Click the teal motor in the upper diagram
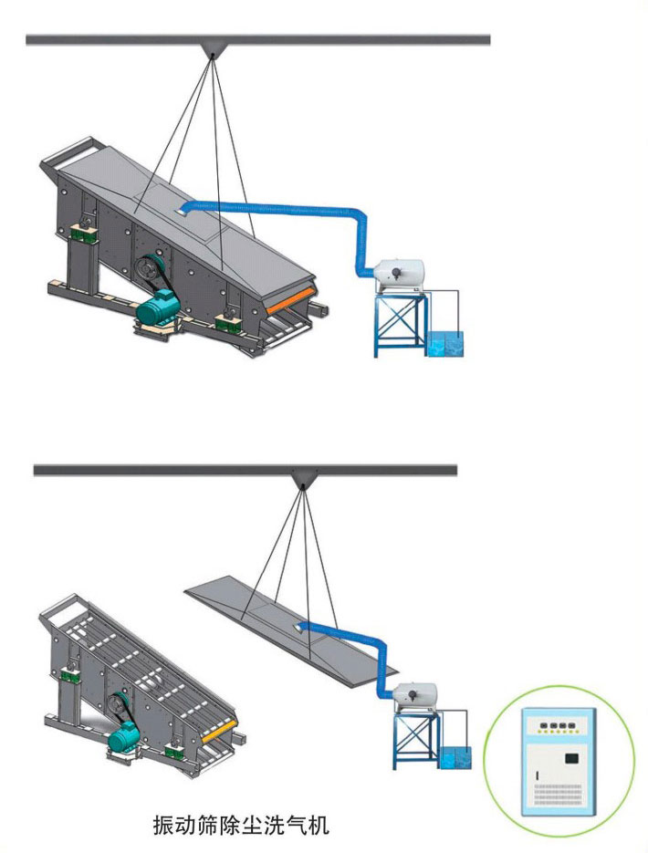(x=158, y=308)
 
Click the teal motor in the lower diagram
(x=124, y=739)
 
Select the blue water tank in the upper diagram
(x=446, y=344)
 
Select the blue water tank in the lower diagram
(x=456, y=758)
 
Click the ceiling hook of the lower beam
(x=302, y=479)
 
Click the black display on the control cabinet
(x=571, y=758)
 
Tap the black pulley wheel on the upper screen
(x=148, y=269)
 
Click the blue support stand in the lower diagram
(x=417, y=740)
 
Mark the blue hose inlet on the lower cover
(x=298, y=629)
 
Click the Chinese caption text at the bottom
(x=241, y=825)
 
